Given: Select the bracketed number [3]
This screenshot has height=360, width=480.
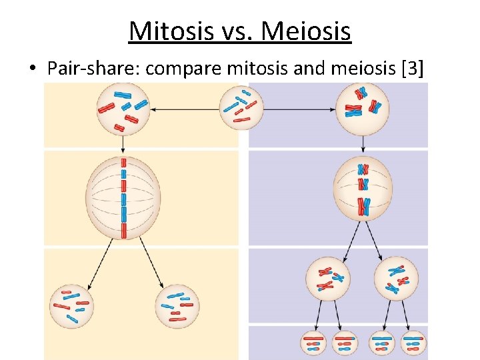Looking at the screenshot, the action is tap(409, 68).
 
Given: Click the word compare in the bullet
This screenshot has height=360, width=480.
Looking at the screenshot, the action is tap(172, 68).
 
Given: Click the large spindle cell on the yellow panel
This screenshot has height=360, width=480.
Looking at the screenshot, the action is tap(123, 198).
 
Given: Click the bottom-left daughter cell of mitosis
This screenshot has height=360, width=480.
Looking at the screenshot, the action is tap(72, 305).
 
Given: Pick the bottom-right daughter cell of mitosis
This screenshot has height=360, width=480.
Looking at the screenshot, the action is tap(177, 307).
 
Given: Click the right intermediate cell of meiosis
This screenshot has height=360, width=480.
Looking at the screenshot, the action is tap(397, 278).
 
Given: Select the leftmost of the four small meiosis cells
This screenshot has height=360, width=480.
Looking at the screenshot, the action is tap(313, 343).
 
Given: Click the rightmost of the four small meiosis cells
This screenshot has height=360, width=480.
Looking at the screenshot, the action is tap(413, 343).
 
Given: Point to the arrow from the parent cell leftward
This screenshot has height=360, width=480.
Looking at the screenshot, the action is tap(183, 109).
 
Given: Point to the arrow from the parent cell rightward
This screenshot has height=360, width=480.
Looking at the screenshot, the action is tap(300, 109).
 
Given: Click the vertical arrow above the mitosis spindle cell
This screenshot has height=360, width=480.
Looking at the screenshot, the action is tap(123, 145).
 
